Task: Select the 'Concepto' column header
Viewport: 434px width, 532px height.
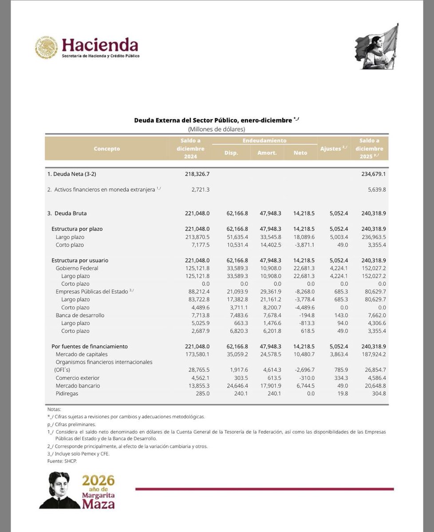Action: pyautogui.click(x=107, y=149)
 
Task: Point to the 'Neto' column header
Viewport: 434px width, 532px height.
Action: pyautogui.click(x=300, y=153)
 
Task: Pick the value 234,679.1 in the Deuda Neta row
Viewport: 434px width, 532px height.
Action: pyautogui.click(x=372, y=174)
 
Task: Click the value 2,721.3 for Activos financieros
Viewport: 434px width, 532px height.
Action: pyautogui.click(x=197, y=189)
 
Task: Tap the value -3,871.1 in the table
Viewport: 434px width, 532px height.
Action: pyautogui.click(x=304, y=245)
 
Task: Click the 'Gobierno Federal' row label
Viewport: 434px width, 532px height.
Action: pyautogui.click(x=77, y=268)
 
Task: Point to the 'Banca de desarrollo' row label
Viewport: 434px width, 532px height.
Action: pyautogui.click(x=81, y=315)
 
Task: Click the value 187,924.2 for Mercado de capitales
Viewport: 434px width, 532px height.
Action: pyautogui.click(x=372, y=354)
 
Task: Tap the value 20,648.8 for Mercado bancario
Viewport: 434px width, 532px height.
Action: pyautogui.click(x=372, y=386)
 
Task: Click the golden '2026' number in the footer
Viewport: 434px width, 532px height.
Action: pyautogui.click(x=98, y=481)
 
